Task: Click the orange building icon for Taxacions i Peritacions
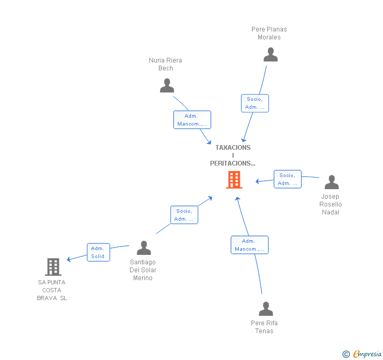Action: point(234,180)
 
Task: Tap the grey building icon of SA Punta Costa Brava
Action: point(53,267)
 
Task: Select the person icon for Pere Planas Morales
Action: point(270,55)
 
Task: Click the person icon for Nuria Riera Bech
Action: point(167,86)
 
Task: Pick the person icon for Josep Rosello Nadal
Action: point(331,182)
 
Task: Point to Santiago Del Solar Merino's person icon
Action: point(144,248)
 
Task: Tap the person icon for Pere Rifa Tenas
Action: point(266,309)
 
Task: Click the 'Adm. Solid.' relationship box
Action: point(98,252)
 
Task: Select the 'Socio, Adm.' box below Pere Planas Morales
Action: point(255,103)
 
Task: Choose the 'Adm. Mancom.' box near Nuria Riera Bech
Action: point(192,120)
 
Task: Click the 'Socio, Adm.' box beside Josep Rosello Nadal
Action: point(287,179)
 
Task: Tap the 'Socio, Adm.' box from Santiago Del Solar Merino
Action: point(184,215)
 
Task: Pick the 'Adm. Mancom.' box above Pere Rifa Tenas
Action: point(249,245)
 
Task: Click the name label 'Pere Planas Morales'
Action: point(269,33)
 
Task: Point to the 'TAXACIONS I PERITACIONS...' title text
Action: point(233,156)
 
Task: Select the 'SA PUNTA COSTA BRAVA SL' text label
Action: point(52,290)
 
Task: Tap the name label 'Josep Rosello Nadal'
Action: point(331,204)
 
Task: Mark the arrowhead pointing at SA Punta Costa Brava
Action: point(69,259)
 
